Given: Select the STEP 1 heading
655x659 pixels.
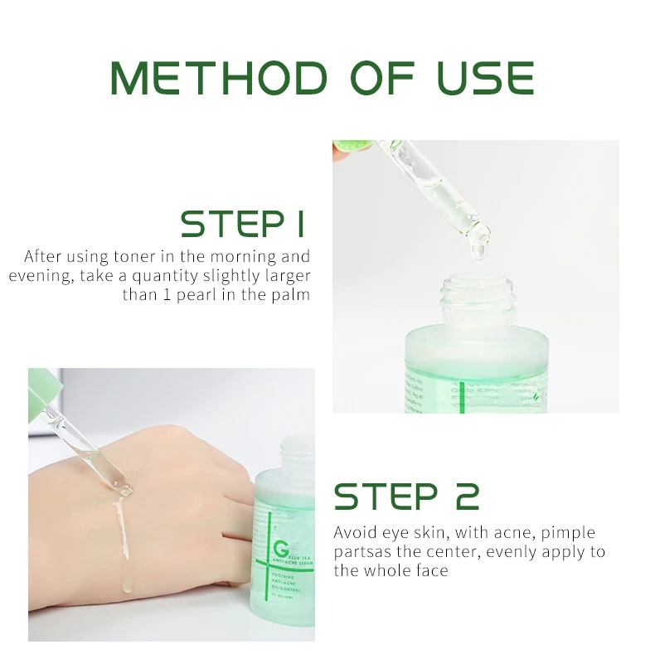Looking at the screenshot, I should pos(243,224).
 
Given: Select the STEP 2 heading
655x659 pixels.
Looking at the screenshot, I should pos(406,497).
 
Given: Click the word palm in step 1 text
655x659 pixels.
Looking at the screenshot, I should pos(291,295).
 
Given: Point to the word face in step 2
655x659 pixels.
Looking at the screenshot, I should pos(430,570).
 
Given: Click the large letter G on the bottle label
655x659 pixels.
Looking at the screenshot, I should pos(279,549).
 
